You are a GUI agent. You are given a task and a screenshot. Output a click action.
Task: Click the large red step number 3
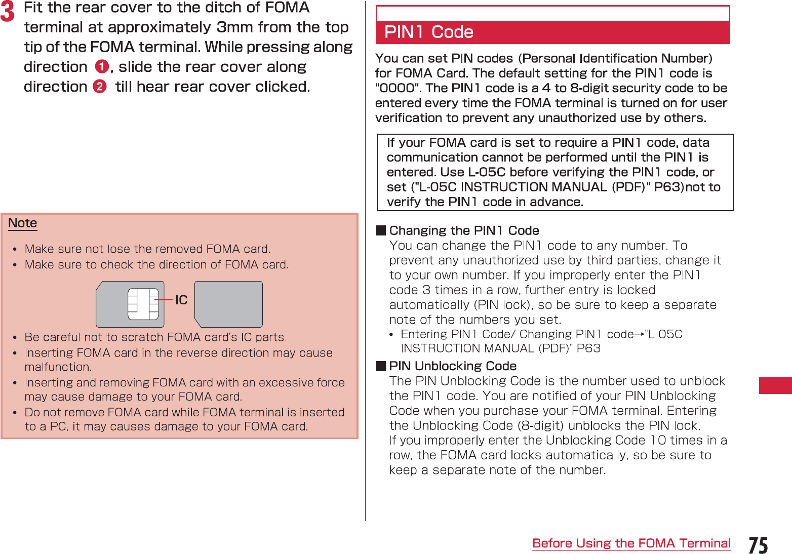click(x=8, y=12)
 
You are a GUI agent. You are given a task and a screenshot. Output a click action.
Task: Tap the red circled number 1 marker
click(x=102, y=67)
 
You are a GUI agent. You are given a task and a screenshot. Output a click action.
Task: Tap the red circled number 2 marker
click(x=100, y=87)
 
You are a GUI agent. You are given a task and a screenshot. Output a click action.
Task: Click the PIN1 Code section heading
click(x=429, y=32)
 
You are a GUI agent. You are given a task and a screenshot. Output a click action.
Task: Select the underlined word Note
click(x=23, y=223)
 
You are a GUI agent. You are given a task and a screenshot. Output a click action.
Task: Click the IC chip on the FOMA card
click(x=143, y=304)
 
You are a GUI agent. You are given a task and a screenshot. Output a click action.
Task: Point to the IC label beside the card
click(x=181, y=300)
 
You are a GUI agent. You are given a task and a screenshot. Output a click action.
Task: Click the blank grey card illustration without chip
click(x=228, y=304)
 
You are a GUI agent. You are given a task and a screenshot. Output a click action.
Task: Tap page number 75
click(x=758, y=545)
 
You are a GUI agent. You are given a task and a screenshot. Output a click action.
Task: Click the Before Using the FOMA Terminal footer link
click(x=631, y=543)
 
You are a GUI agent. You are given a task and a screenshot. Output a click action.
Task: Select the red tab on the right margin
click(x=775, y=385)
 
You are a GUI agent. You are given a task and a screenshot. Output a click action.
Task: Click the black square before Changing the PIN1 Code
click(x=381, y=231)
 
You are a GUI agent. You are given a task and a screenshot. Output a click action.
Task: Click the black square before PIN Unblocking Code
click(x=381, y=366)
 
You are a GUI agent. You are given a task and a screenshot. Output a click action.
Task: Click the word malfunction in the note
click(x=58, y=367)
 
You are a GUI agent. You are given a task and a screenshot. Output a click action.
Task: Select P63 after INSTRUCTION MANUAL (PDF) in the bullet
click(x=588, y=348)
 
